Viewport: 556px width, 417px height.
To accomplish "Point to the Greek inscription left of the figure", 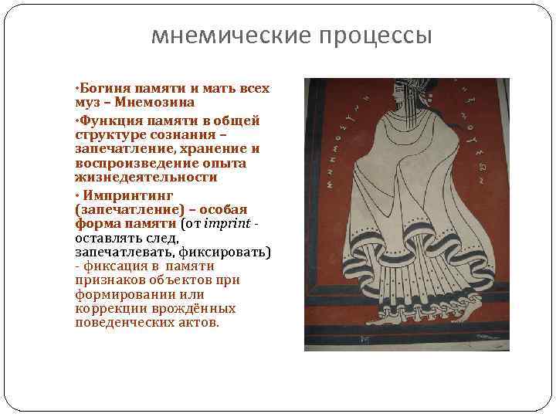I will (x=336, y=154).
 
